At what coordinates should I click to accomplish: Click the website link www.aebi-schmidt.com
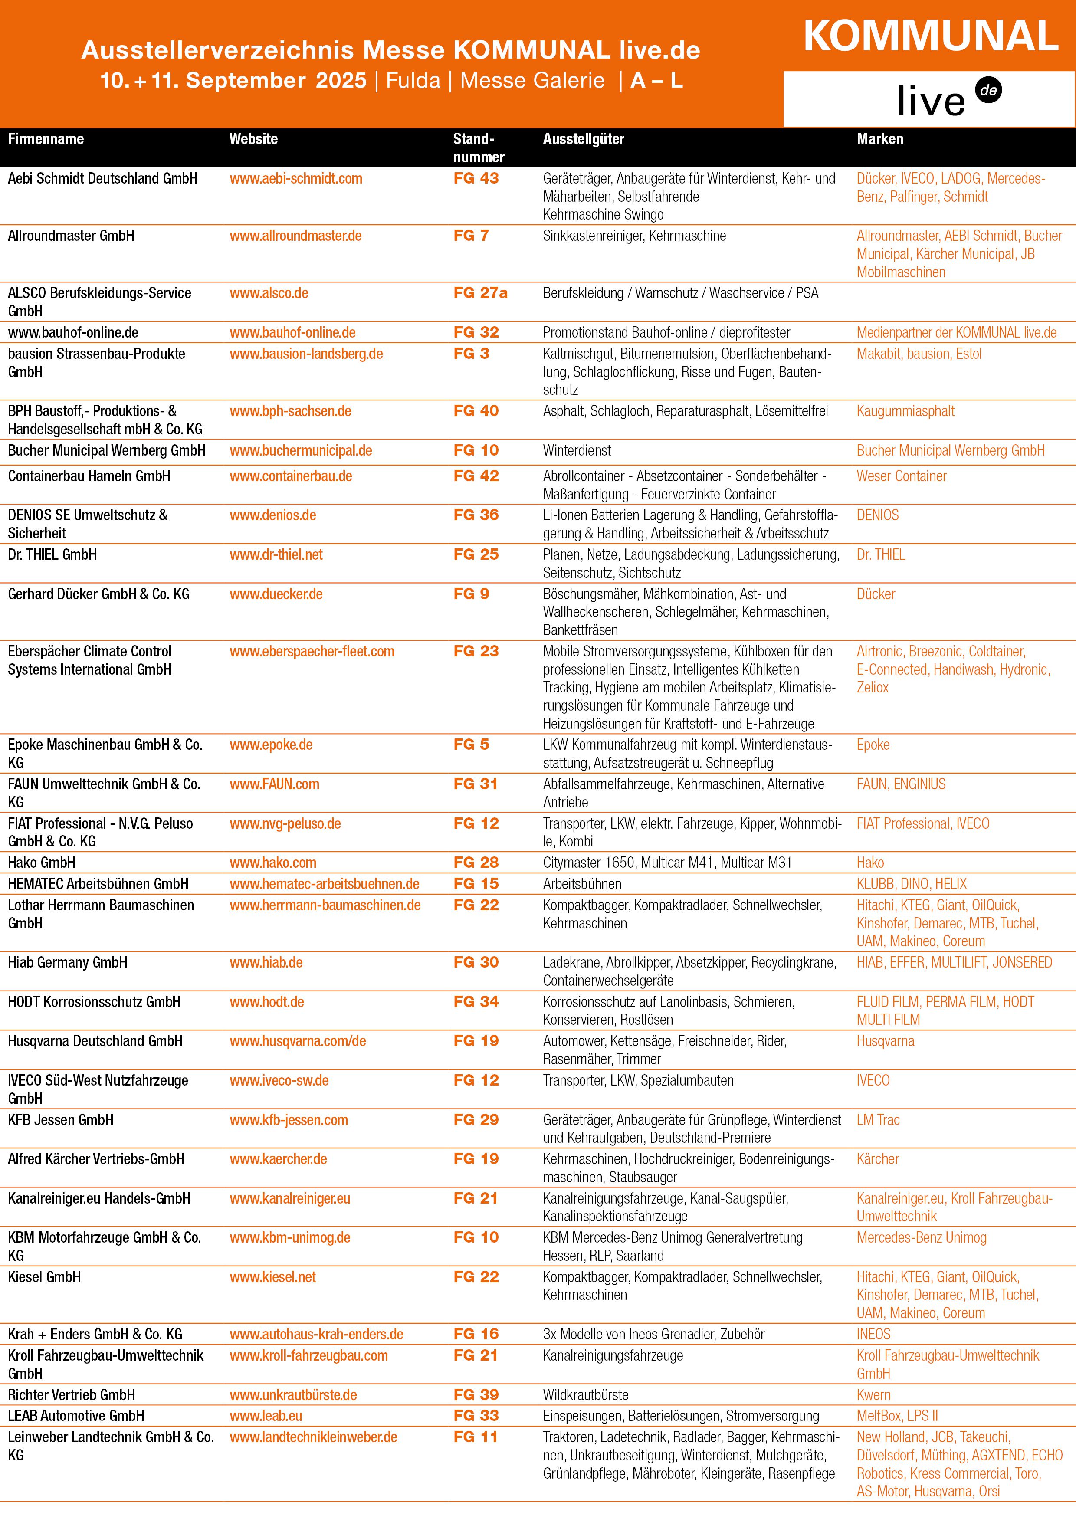point(296,178)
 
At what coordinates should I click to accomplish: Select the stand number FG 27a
point(480,293)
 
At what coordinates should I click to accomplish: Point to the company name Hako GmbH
point(41,863)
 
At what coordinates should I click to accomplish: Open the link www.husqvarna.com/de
point(298,1041)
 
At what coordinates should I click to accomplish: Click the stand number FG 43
point(476,178)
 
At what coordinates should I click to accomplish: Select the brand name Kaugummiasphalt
point(905,411)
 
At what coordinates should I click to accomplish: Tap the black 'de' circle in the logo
point(988,91)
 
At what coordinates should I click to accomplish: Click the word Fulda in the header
point(413,81)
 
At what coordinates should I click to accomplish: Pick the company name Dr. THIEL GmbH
point(52,555)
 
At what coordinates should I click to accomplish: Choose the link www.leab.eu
point(266,1415)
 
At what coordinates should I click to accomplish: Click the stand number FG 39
point(476,1395)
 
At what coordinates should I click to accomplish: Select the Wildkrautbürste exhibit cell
point(585,1395)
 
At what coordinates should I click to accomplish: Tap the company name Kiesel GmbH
point(44,1277)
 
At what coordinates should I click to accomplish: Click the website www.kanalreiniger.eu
point(290,1198)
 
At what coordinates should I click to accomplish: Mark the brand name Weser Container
point(901,476)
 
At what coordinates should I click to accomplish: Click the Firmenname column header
point(46,139)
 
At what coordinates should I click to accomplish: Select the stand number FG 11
point(475,1437)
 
